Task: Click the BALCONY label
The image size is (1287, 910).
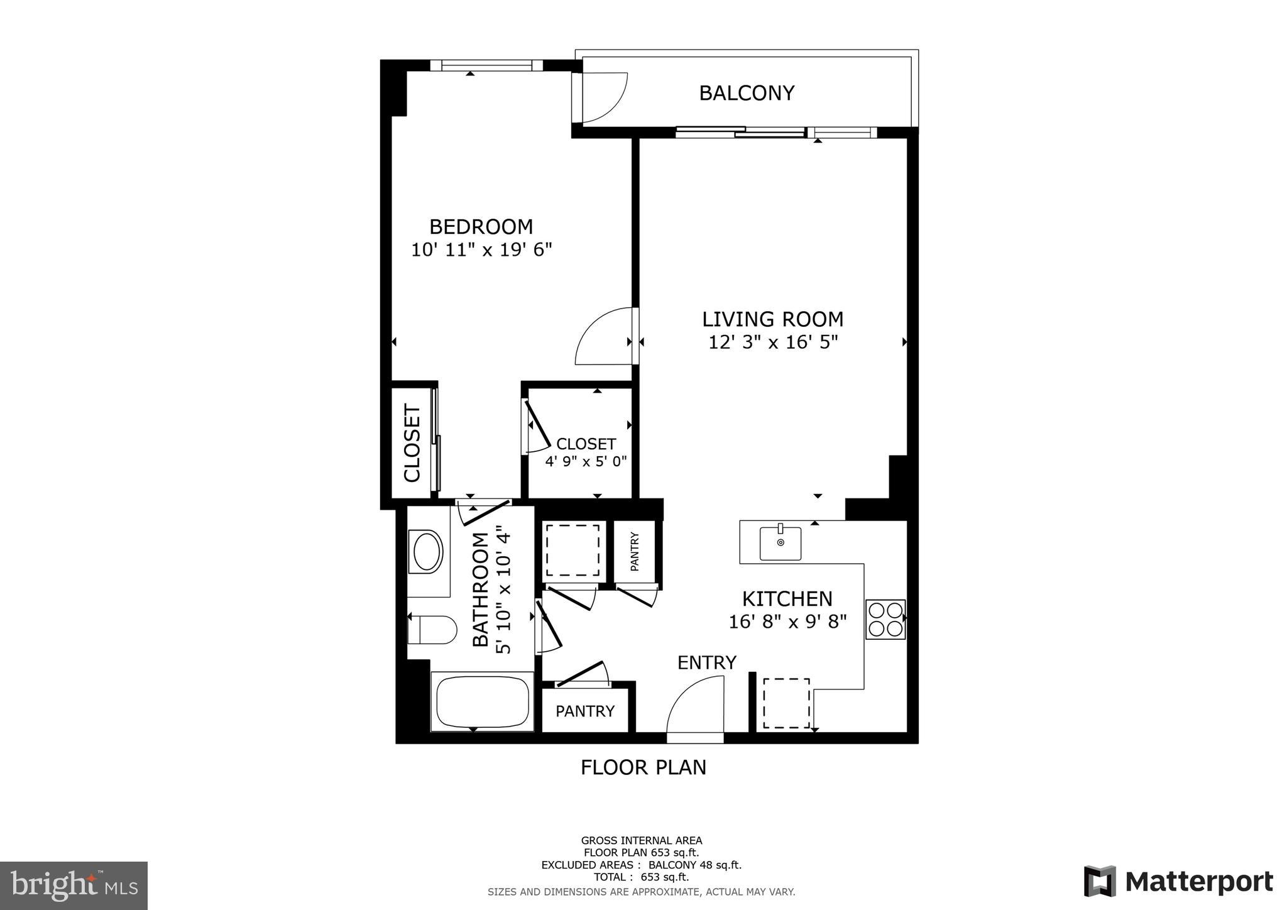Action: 746,93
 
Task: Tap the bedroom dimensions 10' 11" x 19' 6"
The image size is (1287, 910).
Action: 481,250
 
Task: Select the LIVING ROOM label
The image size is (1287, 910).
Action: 772,319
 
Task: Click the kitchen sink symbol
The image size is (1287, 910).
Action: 780,543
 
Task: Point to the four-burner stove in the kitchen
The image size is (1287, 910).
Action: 885,619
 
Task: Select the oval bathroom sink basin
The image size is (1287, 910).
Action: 426,552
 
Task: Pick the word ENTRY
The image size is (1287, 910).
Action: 706,662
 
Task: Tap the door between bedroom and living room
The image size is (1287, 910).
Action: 603,336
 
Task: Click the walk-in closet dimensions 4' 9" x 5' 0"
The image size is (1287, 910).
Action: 586,462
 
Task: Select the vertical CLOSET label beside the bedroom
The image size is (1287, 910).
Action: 412,443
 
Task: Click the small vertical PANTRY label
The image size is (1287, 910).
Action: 634,552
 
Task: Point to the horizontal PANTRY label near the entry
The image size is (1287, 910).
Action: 584,711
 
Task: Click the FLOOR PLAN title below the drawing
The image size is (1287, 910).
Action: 643,767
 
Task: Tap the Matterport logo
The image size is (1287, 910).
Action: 1178,882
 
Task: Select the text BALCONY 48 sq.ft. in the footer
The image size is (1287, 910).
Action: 695,865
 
